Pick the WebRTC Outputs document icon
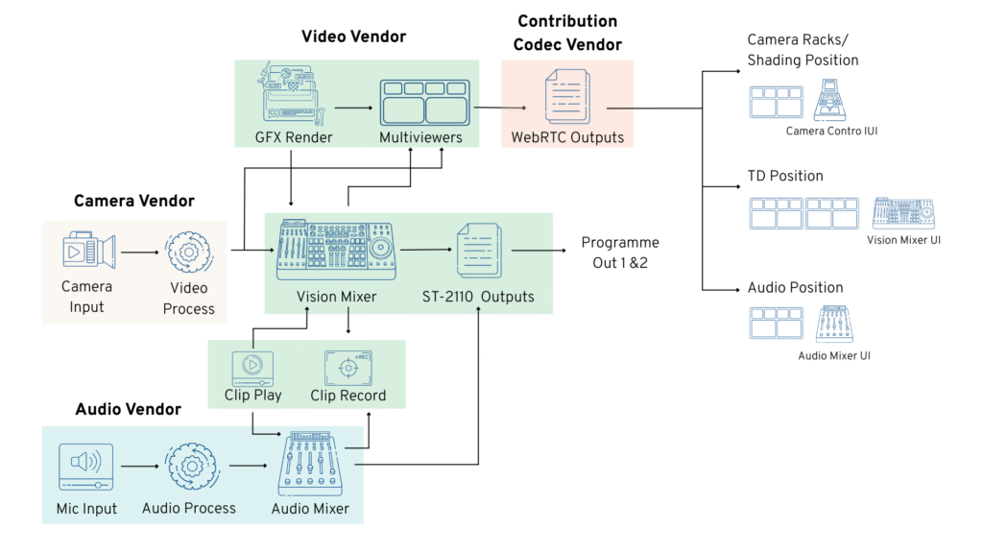(x=567, y=99)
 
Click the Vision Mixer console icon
(x=336, y=251)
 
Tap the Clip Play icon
(x=252, y=368)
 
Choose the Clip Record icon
(x=348, y=368)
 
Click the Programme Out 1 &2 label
(x=620, y=252)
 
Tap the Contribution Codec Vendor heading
(x=567, y=34)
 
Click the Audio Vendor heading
(x=128, y=410)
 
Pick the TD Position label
(x=785, y=177)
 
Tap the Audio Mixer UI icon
(x=834, y=325)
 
